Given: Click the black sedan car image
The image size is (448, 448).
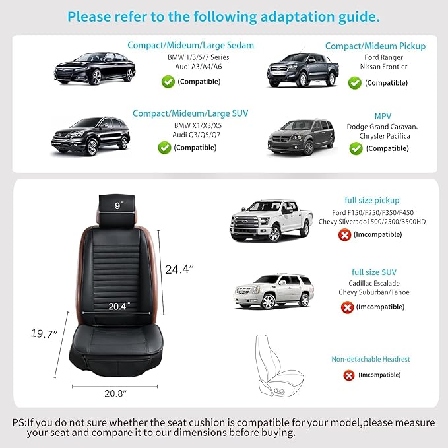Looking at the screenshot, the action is coord(94,69).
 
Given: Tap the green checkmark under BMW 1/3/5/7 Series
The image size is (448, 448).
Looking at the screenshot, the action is coord(168,82).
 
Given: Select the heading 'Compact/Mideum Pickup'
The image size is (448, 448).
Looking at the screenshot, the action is coord(375,46).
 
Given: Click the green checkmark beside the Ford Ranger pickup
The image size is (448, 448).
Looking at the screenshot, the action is coord(355,83).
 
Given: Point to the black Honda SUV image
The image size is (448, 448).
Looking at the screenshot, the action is coord(90,136).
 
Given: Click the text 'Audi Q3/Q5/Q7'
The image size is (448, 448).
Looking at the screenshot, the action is coord(196,135).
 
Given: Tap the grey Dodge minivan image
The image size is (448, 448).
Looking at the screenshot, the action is coord(301,137).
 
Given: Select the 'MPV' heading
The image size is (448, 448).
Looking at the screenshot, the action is coord(383,116).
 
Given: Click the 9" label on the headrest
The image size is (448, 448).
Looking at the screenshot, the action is coord(119,205).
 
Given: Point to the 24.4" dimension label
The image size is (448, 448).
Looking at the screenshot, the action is coord(179,269).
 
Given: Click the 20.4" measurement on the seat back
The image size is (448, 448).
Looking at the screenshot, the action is coord(119,306).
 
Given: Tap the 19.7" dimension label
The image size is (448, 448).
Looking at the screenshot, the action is coord(44,333).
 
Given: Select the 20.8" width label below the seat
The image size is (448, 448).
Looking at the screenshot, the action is coord(115,393).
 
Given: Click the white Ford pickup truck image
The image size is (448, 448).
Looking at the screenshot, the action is coord(271,220).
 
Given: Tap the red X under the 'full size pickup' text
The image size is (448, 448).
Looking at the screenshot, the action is coord(344,235).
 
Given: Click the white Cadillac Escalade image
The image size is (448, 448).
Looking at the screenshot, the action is coord(273,292).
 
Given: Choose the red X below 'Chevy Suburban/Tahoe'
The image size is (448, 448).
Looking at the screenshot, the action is coord(347,307).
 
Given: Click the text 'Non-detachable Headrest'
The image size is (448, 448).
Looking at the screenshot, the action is coord(371,359).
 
